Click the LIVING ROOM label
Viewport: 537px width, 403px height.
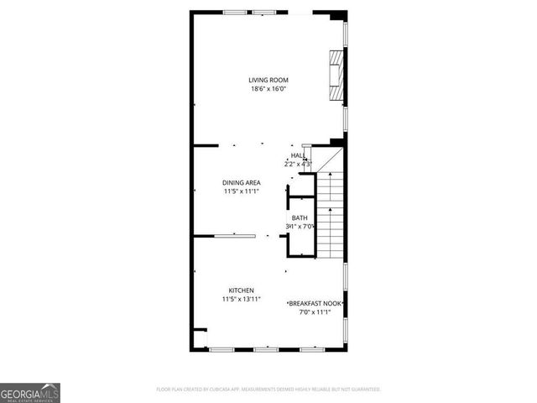pyautogui.click(x=268, y=81)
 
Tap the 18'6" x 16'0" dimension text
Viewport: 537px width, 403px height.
pyautogui.click(x=268, y=89)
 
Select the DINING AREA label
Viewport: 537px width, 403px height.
pyautogui.click(x=241, y=182)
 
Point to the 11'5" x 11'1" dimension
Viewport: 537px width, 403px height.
pyautogui.click(x=241, y=191)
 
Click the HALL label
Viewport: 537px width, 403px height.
pyautogui.click(x=298, y=155)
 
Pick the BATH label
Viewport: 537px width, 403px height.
pyautogui.click(x=300, y=218)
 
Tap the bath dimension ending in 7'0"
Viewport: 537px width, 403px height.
pyautogui.click(x=300, y=227)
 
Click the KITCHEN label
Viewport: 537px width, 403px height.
pyautogui.click(x=241, y=290)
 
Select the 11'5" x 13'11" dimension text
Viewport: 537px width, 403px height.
pyautogui.click(x=241, y=299)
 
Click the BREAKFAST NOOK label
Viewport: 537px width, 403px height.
pyautogui.click(x=315, y=303)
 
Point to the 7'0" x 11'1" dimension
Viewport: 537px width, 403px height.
pyautogui.click(x=315, y=312)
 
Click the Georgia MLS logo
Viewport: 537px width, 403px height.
pyautogui.click(x=30, y=393)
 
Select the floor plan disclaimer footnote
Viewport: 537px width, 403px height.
pyautogui.click(x=268, y=390)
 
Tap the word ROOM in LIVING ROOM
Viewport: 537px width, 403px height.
pyautogui.click(x=279, y=81)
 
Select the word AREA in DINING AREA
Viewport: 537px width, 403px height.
pyautogui.click(x=252, y=182)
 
